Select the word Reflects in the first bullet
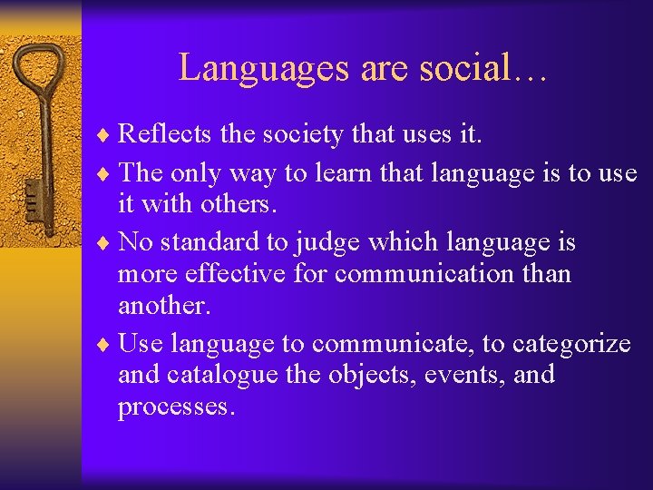166,134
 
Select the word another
164,306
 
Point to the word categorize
571,343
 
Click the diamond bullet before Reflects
108,136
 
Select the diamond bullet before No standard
108,243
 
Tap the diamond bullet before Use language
108,345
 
